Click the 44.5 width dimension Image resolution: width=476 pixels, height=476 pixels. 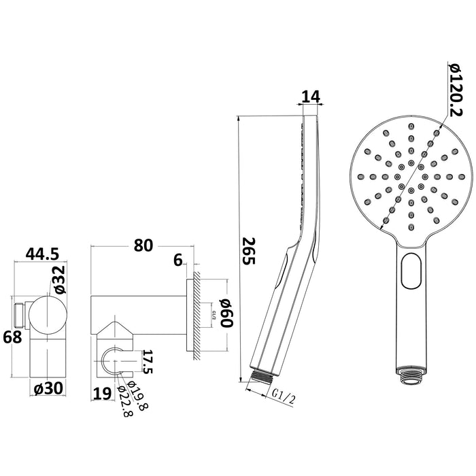(42, 254)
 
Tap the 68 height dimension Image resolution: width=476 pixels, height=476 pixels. (12, 337)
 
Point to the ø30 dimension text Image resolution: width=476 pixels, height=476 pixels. (48, 388)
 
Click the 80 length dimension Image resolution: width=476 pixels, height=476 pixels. (143, 245)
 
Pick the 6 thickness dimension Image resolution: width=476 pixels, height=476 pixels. (178, 260)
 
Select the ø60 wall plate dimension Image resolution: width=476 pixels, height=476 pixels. (226, 313)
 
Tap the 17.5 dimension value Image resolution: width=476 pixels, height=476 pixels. (148, 361)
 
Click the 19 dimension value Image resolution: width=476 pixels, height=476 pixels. (102, 394)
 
